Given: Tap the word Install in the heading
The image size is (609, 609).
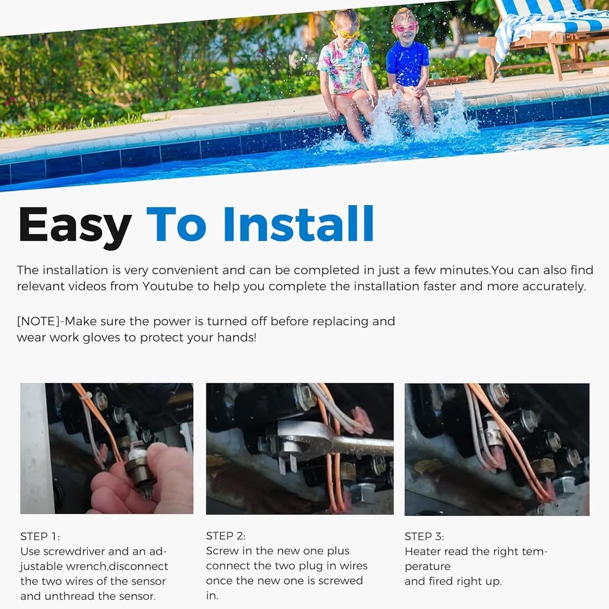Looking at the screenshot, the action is click(x=298, y=224).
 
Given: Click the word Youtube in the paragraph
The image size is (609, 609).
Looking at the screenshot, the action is click(x=167, y=286).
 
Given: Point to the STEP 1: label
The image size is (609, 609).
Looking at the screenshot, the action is click(x=40, y=537).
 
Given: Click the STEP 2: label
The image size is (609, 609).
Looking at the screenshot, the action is click(x=226, y=536).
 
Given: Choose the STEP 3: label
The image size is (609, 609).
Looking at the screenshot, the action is click(x=424, y=537).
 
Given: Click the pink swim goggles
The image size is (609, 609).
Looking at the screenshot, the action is click(x=405, y=27).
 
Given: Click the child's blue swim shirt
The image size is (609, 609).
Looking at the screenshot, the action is click(x=407, y=63).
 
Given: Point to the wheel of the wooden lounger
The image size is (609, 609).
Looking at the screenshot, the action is click(x=491, y=69).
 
